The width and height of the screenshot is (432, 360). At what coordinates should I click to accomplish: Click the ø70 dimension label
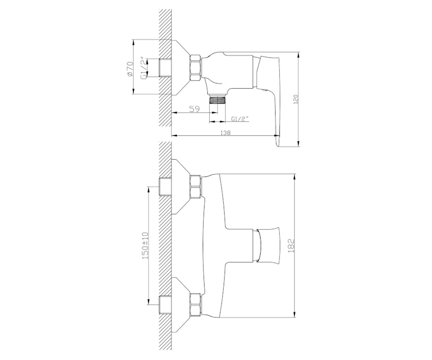130,69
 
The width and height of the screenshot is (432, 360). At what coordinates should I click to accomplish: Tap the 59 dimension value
194,109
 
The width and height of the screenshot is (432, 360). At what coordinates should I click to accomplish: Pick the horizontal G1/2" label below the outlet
240,119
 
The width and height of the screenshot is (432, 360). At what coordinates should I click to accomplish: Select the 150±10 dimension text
145,246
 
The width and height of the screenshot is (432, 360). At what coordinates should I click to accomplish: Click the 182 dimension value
291,246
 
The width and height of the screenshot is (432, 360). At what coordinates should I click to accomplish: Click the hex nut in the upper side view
195,68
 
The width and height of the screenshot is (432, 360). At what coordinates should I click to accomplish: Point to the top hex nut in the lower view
195,186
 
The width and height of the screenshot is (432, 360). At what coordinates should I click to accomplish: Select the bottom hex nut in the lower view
195,305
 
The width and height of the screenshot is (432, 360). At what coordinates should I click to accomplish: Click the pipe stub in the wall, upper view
165,68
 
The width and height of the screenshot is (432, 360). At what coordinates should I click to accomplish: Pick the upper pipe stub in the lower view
165,187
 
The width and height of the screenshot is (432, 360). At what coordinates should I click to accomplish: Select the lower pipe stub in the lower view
165,305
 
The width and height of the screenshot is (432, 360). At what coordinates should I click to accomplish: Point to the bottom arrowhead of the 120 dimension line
298,143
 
